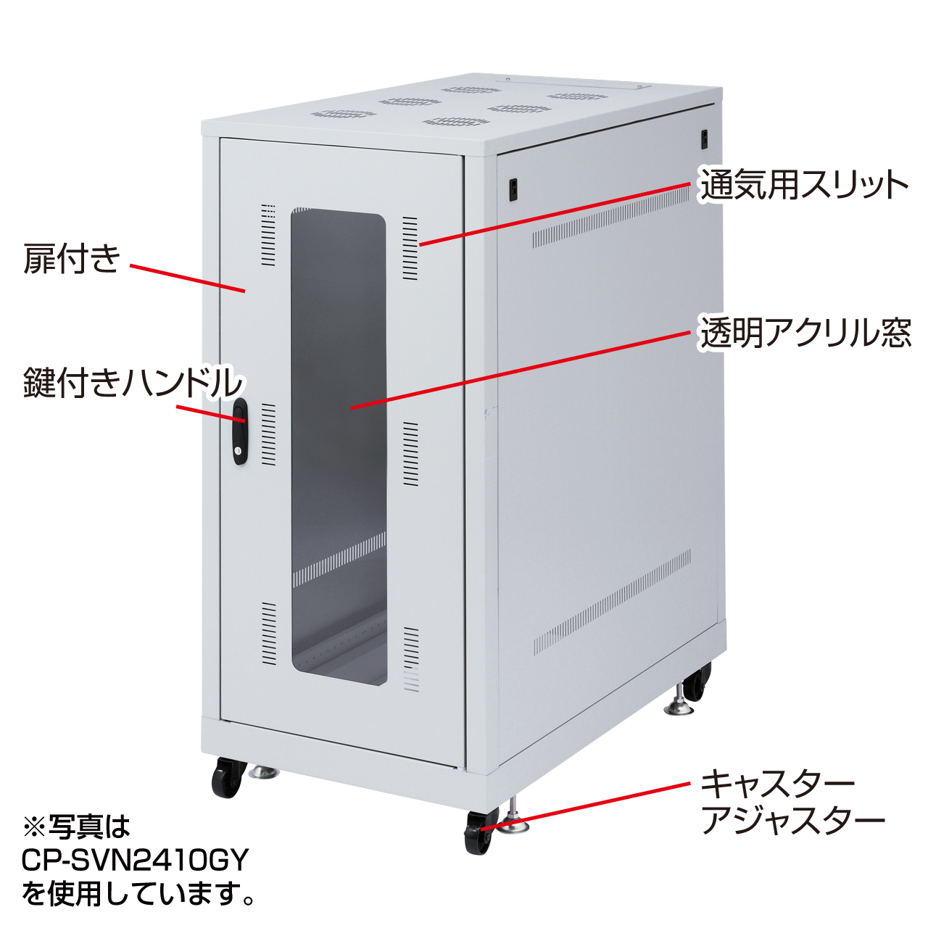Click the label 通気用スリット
click(804, 184)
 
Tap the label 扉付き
click(71, 259)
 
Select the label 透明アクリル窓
click(805, 332)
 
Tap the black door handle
click(240, 431)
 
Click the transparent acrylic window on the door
click(339, 447)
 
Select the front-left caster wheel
click(225, 776)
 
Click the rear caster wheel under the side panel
click(696, 681)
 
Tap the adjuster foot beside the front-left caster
click(264, 772)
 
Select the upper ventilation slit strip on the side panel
click(610, 217)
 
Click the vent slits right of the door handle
click(268, 435)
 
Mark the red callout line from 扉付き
click(188, 278)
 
